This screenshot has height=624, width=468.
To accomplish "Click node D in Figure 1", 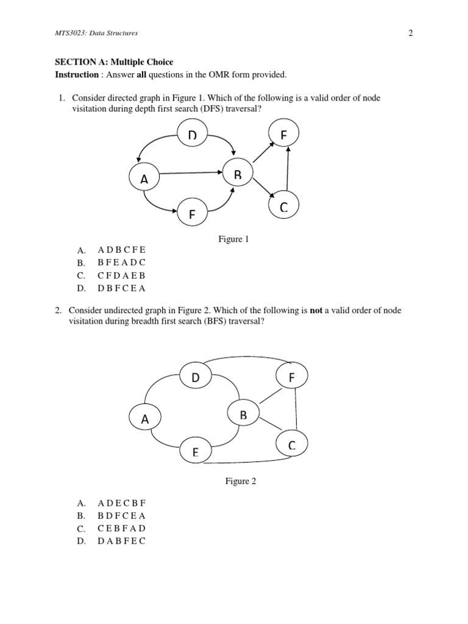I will click(193, 135).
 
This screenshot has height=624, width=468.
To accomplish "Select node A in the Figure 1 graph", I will click(144, 178).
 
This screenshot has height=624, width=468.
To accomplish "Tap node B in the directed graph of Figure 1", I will click(238, 174).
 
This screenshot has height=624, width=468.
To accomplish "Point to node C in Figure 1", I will click(283, 207).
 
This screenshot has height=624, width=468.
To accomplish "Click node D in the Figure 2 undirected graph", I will click(196, 378).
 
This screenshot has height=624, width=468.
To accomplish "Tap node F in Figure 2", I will click(292, 377).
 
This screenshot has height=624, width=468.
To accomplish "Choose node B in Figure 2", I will click(243, 415).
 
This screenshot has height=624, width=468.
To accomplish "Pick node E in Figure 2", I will click(195, 452).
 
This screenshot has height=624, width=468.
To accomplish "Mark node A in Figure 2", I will click(145, 419).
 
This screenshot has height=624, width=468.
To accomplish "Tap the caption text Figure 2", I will click(241, 481).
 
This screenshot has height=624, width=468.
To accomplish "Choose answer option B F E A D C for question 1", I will click(121, 263).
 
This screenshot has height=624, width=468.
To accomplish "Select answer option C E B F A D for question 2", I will click(121, 528).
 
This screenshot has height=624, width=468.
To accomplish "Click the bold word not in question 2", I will click(316, 310).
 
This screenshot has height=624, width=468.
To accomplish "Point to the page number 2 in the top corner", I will click(410, 34).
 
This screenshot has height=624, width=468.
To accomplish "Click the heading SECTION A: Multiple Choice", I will click(114, 62).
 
